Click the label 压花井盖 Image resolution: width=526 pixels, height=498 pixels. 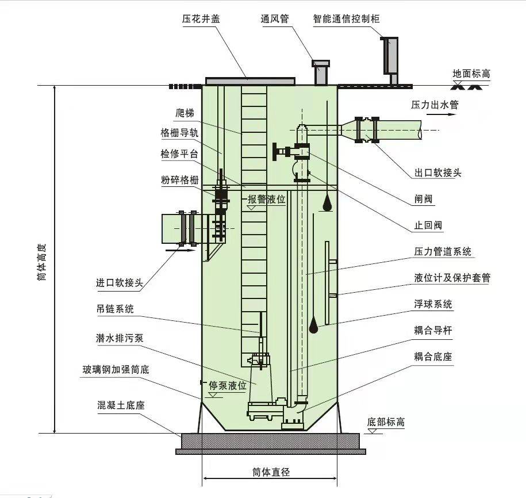[x=201, y=19]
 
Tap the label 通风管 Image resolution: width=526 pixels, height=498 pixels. [x=274, y=19]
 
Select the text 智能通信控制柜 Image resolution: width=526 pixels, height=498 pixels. [x=347, y=19]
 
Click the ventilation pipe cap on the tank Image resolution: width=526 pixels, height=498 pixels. [x=319, y=63]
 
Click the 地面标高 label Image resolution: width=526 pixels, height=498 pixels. [x=471, y=74]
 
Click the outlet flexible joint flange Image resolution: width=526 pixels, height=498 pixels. [x=367, y=130]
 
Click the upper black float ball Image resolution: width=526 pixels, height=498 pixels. [x=326, y=204]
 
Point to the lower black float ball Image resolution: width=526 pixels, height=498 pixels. [x=314, y=326]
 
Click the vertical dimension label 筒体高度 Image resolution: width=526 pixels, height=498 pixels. [x=40, y=260]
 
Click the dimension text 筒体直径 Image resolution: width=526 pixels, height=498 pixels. [x=270, y=472]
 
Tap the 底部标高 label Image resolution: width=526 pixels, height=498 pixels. [x=386, y=422]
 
